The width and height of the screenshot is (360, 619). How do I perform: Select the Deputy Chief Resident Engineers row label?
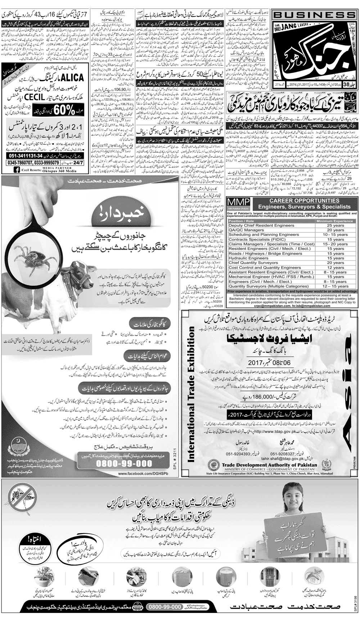256,225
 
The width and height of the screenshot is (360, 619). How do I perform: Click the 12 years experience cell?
336,267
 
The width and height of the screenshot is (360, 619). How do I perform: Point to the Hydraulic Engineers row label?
248,258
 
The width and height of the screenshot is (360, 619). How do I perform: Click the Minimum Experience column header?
336,221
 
